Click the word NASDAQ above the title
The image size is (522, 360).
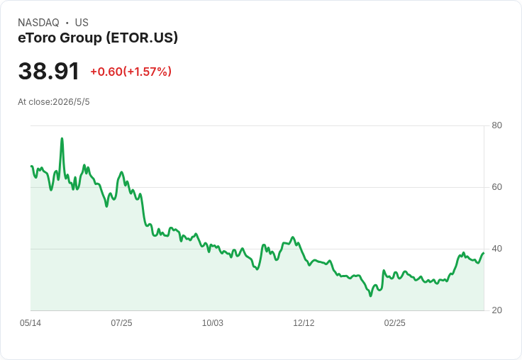(38, 23)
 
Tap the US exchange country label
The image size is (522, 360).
(82, 23)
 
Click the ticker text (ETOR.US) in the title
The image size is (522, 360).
(142, 38)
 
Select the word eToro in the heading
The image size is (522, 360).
(37, 38)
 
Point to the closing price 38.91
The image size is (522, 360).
(49, 71)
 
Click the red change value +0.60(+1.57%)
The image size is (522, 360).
(130, 72)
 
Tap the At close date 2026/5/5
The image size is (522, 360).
(71, 102)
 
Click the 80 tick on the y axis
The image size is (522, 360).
(496, 125)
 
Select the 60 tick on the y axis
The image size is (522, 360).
(496, 187)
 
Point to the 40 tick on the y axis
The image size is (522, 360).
(496, 249)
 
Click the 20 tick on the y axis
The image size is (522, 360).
(496, 310)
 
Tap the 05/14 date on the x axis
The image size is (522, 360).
(30, 322)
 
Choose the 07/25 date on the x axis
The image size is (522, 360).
(121, 322)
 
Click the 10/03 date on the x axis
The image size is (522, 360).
(213, 322)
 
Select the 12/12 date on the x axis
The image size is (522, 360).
(304, 322)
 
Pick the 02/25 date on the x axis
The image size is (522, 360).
(395, 322)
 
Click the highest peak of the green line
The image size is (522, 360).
(62, 138)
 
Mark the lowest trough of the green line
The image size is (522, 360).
(370, 296)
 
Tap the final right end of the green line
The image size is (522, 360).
(484, 253)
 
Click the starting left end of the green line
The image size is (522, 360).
(31, 166)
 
